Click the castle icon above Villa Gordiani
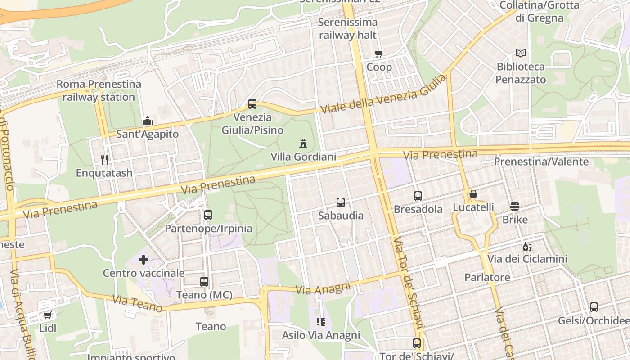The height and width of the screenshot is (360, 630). point(303,144)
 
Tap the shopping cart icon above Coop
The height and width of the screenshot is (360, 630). point(379,54)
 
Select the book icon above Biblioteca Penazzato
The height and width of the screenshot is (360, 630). point(521,53)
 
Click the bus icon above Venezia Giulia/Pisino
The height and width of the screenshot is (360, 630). point(252,104)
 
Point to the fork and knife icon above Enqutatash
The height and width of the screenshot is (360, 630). point(104,159)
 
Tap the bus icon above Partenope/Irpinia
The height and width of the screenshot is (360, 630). point(208,215)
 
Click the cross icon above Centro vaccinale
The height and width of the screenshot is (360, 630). point(144,260)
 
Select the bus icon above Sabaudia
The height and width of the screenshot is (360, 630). point(341,202)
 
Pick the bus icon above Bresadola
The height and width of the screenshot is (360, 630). point(418,196)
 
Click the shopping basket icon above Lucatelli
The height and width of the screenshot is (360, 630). point(473,194)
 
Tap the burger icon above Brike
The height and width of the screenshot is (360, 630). point(515,207)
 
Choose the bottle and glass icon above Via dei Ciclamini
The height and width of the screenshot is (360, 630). point(527,246)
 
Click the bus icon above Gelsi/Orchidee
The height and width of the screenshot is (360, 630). point(594,307)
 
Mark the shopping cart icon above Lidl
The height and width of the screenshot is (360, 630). point(47,315)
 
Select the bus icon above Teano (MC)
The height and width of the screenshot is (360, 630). point(204,282)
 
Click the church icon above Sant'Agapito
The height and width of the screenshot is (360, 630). point(148,121)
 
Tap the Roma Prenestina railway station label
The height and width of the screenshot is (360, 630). point(99,90)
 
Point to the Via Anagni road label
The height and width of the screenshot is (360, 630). point(323,288)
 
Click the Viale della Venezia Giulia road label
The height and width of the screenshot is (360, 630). point(383,94)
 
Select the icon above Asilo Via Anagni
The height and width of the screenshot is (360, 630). point(321,322)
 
